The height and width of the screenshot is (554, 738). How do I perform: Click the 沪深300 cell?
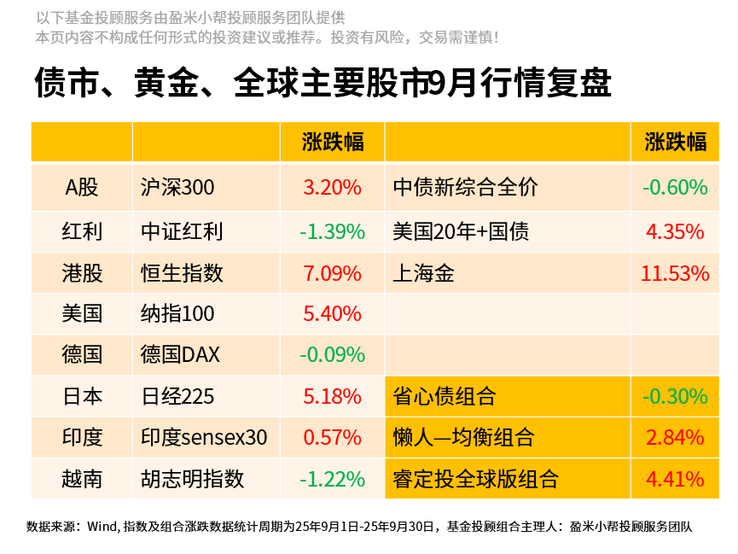coord(177,188)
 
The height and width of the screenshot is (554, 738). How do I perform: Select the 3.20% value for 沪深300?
coord(332,188)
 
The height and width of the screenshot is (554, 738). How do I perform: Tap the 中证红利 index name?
coord(182,231)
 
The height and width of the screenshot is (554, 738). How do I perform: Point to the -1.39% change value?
coord(332,231)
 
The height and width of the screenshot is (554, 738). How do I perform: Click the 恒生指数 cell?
coord(182,273)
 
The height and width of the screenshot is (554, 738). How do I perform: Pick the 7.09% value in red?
coord(332,273)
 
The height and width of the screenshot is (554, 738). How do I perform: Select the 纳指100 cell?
coord(177,313)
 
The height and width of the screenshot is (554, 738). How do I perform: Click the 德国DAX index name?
coord(180,354)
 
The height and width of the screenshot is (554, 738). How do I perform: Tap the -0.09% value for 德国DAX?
coord(332,354)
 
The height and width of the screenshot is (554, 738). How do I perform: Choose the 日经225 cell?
coord(177,396)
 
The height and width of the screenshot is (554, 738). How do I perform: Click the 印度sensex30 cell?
coord(204,438)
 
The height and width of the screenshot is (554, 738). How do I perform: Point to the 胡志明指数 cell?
coord(192,479)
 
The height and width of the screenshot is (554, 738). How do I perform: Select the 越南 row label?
coord(82,479)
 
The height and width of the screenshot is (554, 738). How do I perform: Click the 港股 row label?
coord(82,273)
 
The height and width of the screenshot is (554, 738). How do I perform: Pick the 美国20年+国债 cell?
coord(461,231)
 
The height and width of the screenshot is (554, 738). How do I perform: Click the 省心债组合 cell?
coord(444,396)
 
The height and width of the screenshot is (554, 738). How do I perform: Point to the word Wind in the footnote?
coord(102,527)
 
